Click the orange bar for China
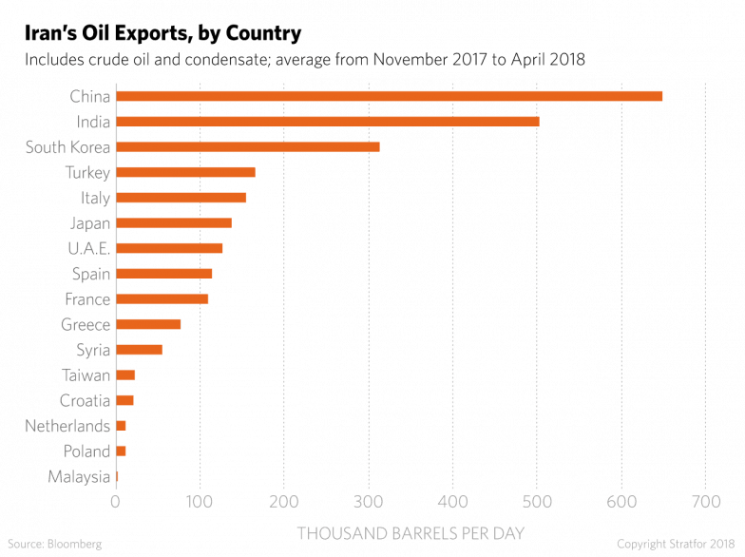coord(389,96)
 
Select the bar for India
coord(327,122)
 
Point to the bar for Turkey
coord(185,172)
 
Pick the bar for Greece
coord(148,324)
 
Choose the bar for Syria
coord(139,350)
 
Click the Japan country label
coord(90,223)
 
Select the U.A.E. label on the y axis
coord(89,248)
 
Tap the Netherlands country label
coord(68,426)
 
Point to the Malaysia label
coord(79,476)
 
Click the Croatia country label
coord(85,400)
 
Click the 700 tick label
coord(704,501)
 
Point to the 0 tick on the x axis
coord(116,501)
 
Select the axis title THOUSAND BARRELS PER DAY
coord(411,530)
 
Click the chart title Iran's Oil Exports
coord(162,33)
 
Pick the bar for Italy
coord(181,198)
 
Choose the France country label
coord(87,299)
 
